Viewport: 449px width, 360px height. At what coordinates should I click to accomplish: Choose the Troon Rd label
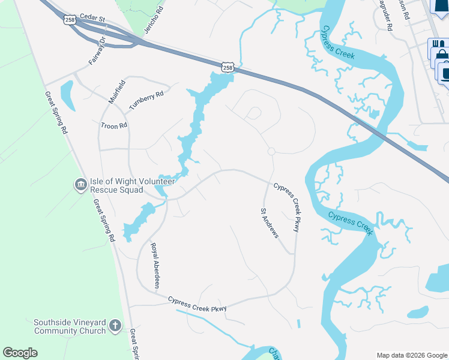[x=114, y=125]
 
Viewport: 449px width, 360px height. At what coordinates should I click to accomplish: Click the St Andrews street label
[x=270, y=223]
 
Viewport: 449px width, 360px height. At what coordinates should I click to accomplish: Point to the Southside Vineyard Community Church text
[x=70, y=326]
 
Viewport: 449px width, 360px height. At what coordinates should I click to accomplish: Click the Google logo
[x=20, y=353]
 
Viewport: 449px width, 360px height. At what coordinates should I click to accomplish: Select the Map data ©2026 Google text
[x=412, y=355]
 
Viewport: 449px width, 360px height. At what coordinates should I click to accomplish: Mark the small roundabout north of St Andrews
[x=271, y=151]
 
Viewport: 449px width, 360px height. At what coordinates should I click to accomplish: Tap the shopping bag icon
[x=442, y=55]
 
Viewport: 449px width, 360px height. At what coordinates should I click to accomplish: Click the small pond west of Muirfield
[x=67, y=96]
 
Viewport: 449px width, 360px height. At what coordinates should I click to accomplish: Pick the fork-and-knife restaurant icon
[x=438, y=45]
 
